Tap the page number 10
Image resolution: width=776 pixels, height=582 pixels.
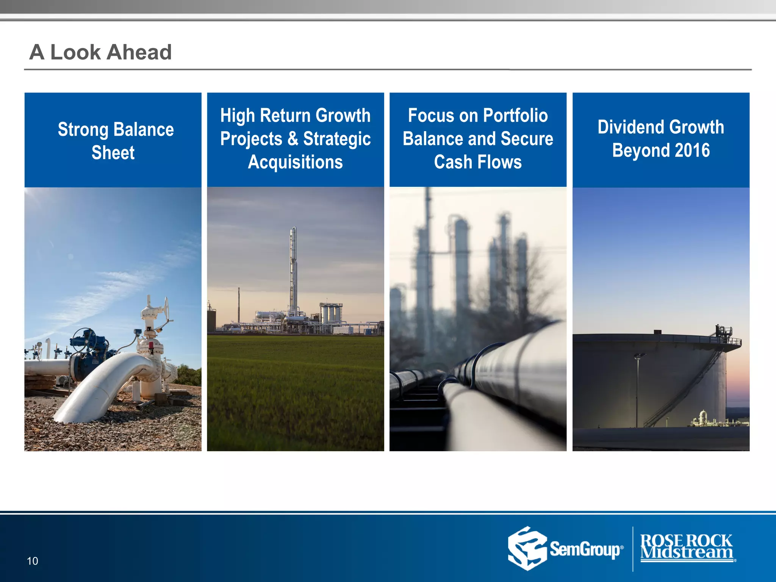pyautogui.click(x=33, y=561)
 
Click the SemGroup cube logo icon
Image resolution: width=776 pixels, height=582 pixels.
pyautogui.click(x=527, y=548)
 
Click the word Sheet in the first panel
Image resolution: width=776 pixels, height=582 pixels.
pyautogui.click(x=113, y=153)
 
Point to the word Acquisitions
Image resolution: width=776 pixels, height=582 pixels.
pyautogui.click(x=295, y=162)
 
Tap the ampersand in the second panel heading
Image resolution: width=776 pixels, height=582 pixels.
pyautogui.click(x=293, y=139)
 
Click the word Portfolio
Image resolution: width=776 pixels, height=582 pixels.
pyautogui.click(x=515, y=116)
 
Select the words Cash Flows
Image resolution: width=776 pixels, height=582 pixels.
pyautogui.click(x=478, y=162)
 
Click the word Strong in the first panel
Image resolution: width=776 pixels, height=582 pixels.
pyautogui.click(x=83, y=130)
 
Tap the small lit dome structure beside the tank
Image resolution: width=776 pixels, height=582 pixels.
pyautogui.click(x=703, y=417)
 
